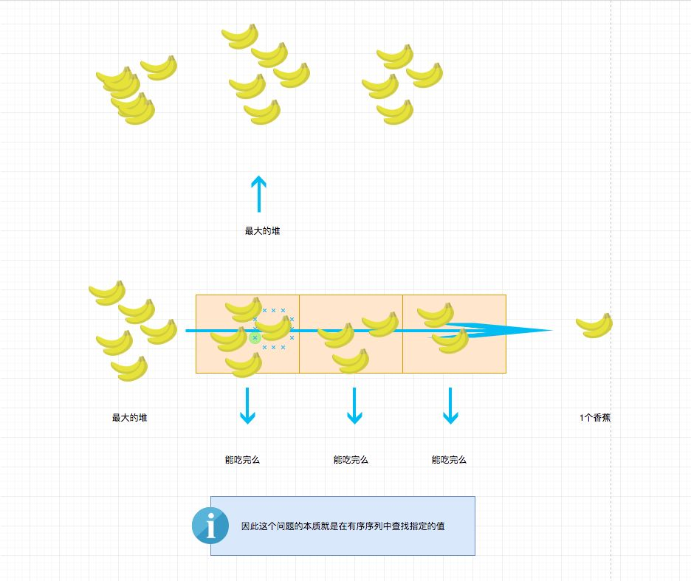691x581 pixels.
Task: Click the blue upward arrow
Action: click(x=258, y=193)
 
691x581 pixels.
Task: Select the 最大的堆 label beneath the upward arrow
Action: click(x=262, y=231)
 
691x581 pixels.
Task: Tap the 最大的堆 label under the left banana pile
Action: click(x=129, y=418)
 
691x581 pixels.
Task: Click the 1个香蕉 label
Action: click(x=595, y=418)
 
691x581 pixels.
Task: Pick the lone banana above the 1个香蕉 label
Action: click(x=594, y=325)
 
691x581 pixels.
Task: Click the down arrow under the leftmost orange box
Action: click(x=247, y=406)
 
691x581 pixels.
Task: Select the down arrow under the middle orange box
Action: click(x=354, y=406)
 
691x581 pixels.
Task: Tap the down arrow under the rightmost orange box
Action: click(x=450, y=406)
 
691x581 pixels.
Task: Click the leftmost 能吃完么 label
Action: click(x=242, y=460)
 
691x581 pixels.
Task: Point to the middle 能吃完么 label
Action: click(x=351, y=460)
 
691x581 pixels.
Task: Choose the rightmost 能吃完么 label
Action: click(x=449, y=460)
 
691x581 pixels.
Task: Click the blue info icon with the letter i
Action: click(x=210, y=525)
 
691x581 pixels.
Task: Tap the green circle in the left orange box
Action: click(x=255, y=338)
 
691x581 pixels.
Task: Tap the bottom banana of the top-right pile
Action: click(x=395, y=112)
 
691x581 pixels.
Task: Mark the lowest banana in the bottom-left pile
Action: click(x=129, y=368)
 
